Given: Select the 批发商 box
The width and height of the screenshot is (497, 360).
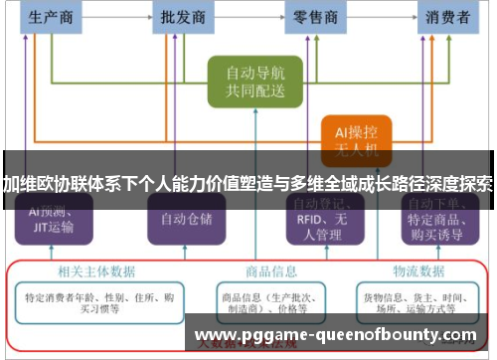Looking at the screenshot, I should click(183, 17).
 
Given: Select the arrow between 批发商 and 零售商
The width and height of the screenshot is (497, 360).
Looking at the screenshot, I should click(249, 17).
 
